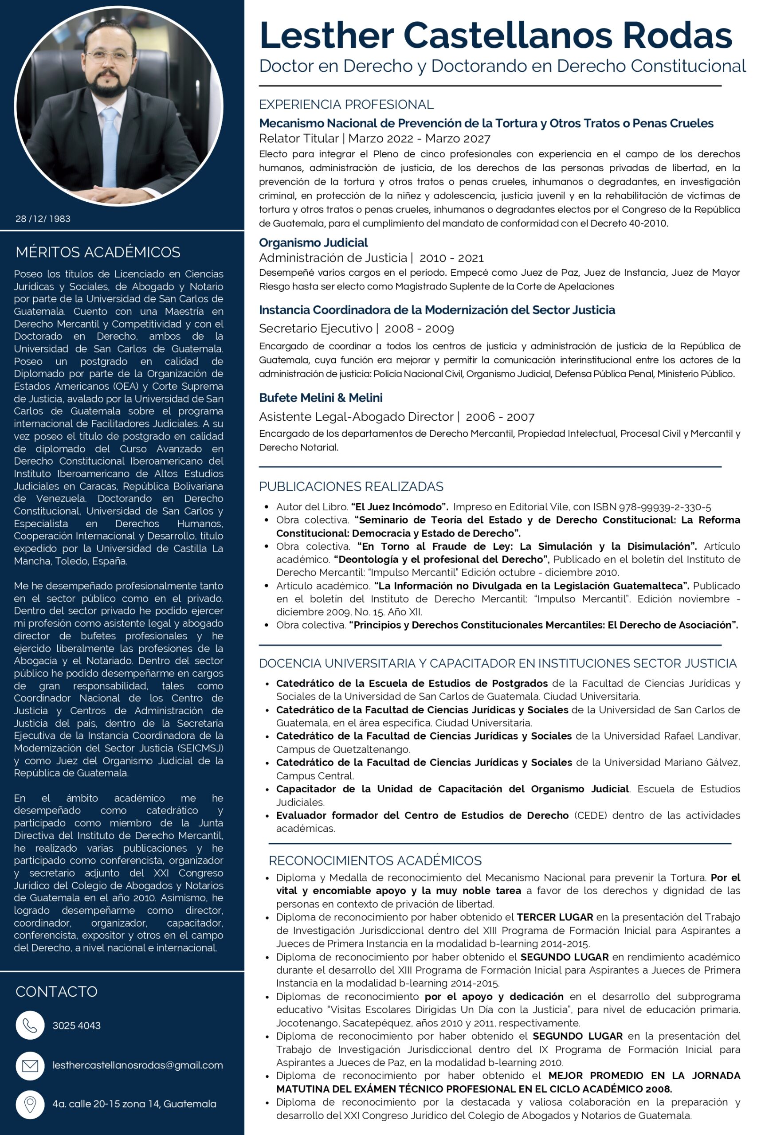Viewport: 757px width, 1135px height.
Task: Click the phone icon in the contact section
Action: [30, 1025]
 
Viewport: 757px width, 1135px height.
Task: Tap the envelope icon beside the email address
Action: [30, 1065]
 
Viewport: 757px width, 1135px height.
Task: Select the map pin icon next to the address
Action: [30, 1104]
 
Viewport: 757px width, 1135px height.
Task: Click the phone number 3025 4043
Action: [76, 1025]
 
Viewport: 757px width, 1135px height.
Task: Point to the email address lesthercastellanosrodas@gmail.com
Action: [137, 1065]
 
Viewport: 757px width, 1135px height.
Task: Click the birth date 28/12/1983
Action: [43, 219]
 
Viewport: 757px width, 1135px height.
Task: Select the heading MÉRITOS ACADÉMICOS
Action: [98, 252]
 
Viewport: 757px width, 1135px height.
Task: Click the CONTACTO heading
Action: [56, 992]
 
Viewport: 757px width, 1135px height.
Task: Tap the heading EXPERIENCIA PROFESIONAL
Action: [346, 104]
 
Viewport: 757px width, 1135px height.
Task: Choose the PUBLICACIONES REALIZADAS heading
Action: [351, 486]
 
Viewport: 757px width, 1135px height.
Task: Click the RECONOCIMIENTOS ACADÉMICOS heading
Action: [375, 861]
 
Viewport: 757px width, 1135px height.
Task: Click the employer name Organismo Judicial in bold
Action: [314, 242]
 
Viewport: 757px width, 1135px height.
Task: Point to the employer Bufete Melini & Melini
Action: [321, 398]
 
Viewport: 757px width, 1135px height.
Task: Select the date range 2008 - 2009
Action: [419, 329]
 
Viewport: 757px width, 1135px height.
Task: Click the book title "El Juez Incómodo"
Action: [400, 507]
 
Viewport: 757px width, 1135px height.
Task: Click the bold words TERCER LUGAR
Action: [555, 917]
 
